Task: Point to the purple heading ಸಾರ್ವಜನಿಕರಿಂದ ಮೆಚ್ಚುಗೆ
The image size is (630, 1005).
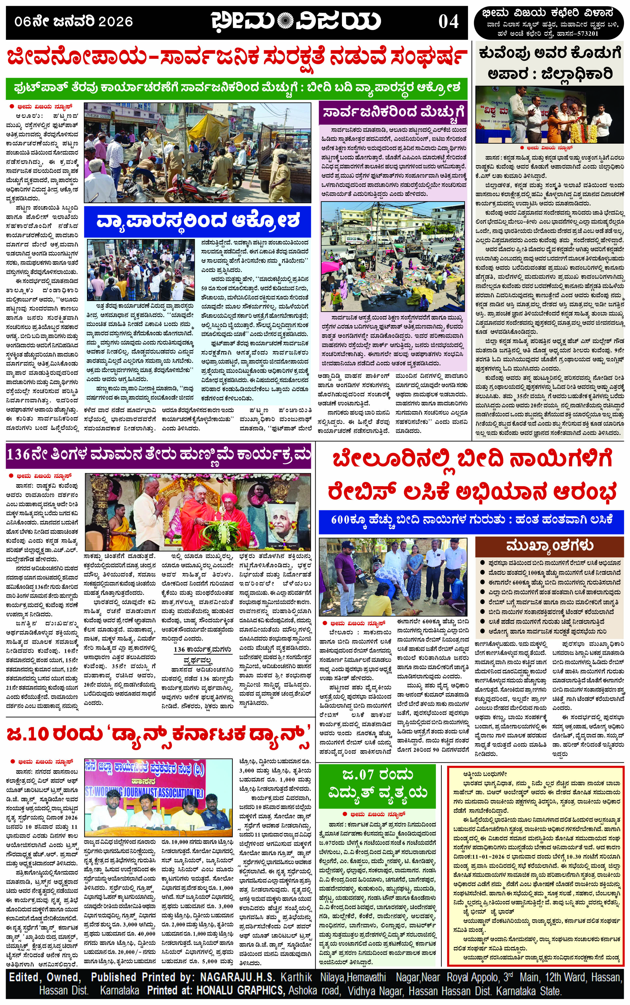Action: tap(393, 112)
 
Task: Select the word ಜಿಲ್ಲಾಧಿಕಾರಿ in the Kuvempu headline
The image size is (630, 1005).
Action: tap(577, 74)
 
